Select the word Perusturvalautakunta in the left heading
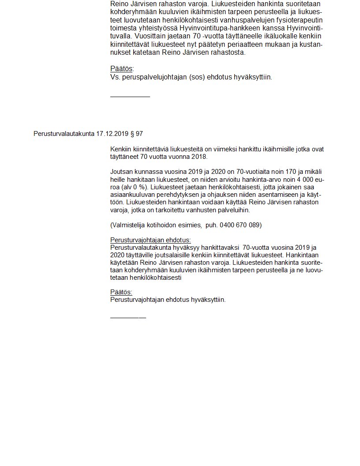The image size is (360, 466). point(64,133)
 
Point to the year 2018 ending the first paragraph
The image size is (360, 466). point(199,156)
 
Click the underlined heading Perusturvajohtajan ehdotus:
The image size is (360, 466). point(150,240)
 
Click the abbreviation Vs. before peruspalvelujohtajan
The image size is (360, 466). point(115,77)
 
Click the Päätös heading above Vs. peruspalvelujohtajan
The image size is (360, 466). point(122,69)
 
